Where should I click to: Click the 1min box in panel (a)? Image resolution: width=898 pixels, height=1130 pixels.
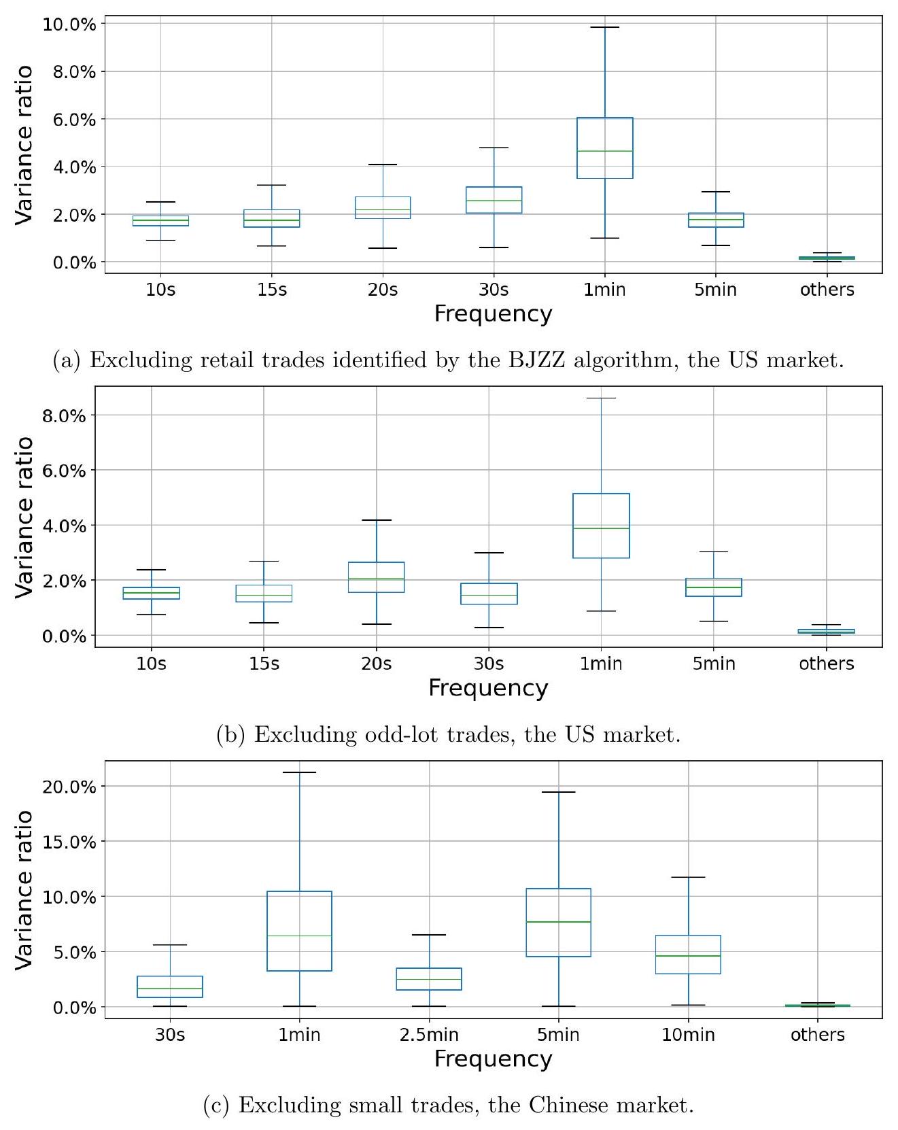(604, 148)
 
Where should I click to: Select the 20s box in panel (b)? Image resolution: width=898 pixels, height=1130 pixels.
(377, 577)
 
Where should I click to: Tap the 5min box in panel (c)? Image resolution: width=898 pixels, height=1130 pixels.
(558, 922)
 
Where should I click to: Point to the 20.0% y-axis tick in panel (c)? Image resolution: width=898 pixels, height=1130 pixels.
(69, 787)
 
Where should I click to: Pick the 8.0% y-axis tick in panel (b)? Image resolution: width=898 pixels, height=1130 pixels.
(64, 415)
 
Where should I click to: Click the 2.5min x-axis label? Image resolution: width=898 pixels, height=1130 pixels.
(429, 1035)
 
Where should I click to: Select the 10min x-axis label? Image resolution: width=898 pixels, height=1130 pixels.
(688, 1035)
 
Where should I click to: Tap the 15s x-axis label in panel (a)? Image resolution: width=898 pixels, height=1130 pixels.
(272, 290)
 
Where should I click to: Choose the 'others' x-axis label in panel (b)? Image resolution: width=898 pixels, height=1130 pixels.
(826, 664)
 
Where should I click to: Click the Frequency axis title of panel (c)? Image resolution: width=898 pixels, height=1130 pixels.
(493, 1059)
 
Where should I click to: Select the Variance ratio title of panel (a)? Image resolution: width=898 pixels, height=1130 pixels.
(24, 144)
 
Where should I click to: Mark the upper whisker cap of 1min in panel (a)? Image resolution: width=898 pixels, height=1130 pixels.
(604, 27)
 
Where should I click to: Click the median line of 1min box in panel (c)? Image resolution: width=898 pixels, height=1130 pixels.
(299, 936)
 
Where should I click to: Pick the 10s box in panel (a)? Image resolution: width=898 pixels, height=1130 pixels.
(160, 221)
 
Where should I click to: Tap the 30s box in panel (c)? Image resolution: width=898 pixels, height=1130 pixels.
(169, 987)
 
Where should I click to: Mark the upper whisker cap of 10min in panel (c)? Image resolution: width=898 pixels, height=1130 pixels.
(688, 877)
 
